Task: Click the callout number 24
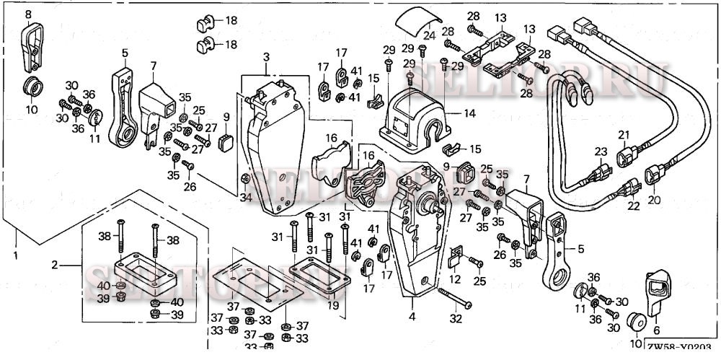(430, 35)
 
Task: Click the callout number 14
(470, 113)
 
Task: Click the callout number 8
(28, 14)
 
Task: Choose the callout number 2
(54, 265)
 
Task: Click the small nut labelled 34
(245, 179)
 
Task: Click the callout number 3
(266, 57)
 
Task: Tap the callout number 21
(624, 135)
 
